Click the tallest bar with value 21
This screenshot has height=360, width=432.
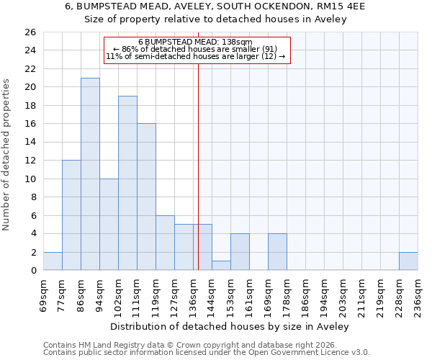click(x=90, y=174)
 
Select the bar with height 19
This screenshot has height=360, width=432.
click(x=127, y=183)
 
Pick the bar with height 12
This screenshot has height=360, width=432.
click(x=71, y=215)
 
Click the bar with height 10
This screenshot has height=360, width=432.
click(x=109, y=225)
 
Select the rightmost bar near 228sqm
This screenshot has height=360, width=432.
click(x=408, y=261)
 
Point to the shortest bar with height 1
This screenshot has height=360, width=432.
click(x=221, y=266)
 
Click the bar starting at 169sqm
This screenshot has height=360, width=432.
click(x=277, y=252)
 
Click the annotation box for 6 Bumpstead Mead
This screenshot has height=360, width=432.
click(x=197, y=50)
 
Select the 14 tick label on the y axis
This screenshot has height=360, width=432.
click(x=30, y=143)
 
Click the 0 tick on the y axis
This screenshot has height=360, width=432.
click(x=32, y=271)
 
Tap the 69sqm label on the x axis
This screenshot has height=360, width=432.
click(x=43, y=294)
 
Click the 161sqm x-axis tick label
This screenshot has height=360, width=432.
click(x=249, y=294)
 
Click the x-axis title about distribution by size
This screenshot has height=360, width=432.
click(x=230, y=327)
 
